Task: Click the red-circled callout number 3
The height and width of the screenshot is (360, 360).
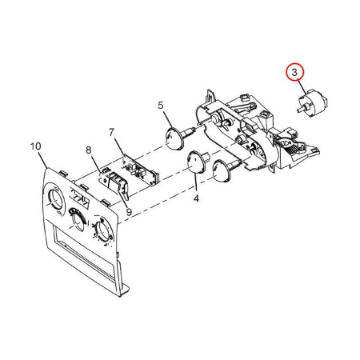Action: [x=294, y=73]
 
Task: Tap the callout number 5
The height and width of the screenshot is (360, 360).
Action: [x=160, y=106]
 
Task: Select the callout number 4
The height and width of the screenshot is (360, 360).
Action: [x=196, y=198]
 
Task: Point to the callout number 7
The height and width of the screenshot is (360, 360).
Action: [x=111, y=132]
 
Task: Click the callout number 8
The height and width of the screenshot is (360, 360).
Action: [x=89, y=150]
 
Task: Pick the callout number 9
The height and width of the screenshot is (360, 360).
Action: [x=129, y=212]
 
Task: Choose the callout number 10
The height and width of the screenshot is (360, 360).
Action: [x=36, y=146]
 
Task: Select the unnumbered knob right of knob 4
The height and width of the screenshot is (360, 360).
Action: [x=224, y=170]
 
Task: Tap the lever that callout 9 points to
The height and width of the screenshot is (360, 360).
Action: [x=125, y=193]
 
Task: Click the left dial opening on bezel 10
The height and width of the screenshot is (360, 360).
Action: [x=55, y=199]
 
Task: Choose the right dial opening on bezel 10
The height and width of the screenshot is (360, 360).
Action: [x=102, y=230]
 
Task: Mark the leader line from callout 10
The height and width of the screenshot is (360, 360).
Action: [x=42, y=160]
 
